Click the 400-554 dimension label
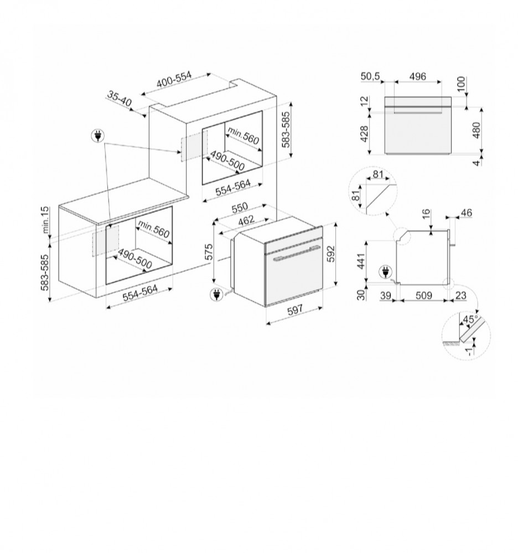174,80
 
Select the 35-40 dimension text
120,101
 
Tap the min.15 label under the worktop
46,219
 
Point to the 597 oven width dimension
294,311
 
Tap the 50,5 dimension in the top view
371,76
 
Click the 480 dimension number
477,130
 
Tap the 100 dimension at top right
461,83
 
